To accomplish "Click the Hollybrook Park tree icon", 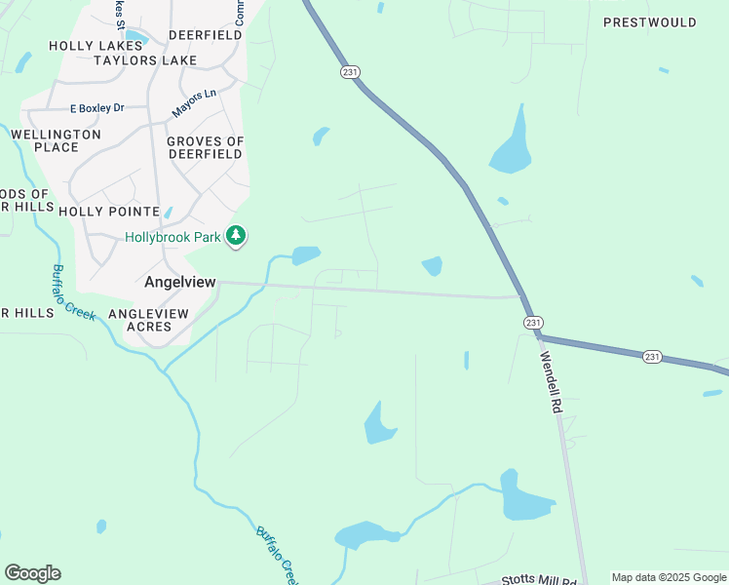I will (x=236, y=236).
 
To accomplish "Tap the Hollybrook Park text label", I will (x=173, y=237).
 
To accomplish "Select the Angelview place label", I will (x=179, y=282).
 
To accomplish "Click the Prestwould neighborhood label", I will (x=650, y=22).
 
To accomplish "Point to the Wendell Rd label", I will (x=552, y=381).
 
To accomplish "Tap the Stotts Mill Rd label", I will (x=539, y=580).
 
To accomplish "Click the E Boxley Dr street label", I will (x=97, y=108).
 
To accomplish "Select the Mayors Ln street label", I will (x=194, y=102).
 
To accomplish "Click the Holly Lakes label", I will (x=96, y=45).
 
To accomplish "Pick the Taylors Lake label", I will (x=145, y=60).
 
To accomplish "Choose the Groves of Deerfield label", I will (x=205, y=147).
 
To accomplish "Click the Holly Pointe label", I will (x=109, y=211).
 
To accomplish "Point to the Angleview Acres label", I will (x=148, y=320).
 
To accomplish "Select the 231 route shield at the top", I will (x=350, y=72).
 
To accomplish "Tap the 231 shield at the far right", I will (x=652, y=357).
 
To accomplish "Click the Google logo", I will (x=32, y=573).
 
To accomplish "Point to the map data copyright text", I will (x=668, y=577).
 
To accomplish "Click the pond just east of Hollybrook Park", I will (x=305, y=255).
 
